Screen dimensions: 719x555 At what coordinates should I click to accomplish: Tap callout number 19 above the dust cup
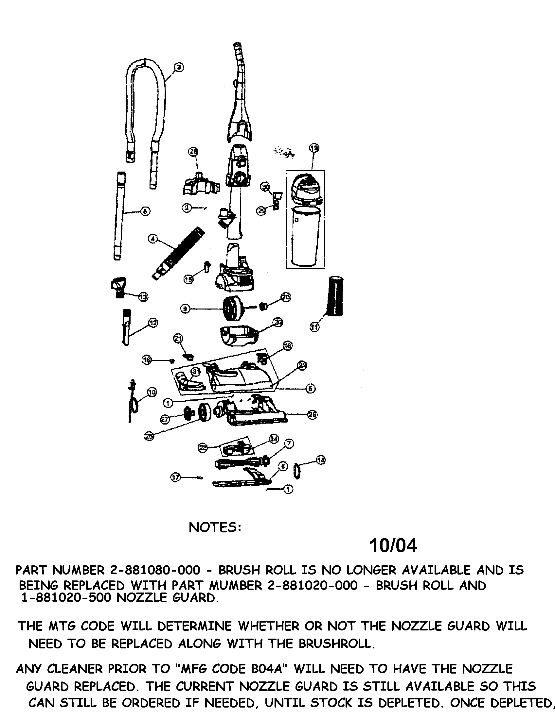coord(314,148)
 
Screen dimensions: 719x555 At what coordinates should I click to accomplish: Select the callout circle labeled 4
coord(152,239)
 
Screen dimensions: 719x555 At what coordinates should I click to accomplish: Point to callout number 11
coord(314,327)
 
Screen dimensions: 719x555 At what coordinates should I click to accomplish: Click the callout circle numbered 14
coord(321,460)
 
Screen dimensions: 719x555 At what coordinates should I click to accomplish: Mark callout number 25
coord(150,436)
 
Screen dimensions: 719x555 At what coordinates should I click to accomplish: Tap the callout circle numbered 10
coord(152,392)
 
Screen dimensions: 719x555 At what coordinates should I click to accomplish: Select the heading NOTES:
coord(215,527)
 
